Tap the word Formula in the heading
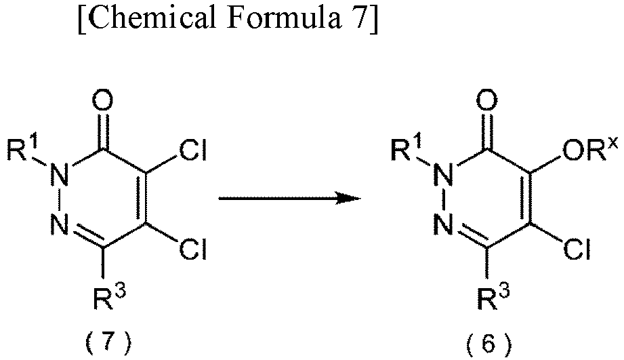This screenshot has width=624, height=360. [284, 17]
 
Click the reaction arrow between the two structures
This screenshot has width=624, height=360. [290, 198]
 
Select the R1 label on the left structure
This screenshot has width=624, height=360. [22, 149]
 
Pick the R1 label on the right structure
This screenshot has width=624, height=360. [407, 149]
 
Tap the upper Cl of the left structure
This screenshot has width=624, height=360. [192, 151]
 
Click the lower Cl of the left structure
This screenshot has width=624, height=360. [192, 249]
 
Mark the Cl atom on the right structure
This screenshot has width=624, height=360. [577, 249]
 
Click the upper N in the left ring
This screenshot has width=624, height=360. [60, 175]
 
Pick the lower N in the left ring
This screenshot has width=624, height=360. [60, 224]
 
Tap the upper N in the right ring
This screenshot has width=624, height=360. [444, 175]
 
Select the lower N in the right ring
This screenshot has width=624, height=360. [444, 224]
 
